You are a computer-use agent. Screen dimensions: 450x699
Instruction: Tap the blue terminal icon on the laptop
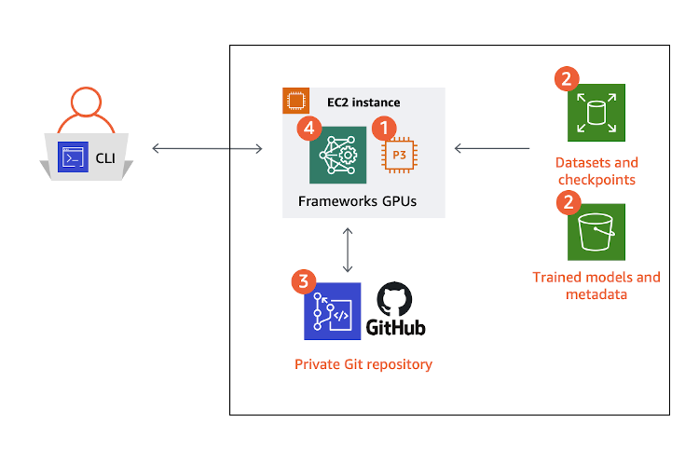73,156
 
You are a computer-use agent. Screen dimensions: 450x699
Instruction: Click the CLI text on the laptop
105,157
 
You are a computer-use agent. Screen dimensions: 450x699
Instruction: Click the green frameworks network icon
337,155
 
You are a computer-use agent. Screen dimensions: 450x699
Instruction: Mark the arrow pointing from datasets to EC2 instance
492,147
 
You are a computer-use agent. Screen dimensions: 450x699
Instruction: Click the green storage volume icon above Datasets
596,113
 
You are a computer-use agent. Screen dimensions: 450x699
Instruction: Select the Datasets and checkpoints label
596,170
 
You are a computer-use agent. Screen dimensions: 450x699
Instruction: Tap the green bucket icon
596,232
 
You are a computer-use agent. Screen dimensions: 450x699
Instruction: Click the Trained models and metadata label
596,285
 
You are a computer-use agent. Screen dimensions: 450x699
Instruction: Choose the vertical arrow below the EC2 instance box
348,246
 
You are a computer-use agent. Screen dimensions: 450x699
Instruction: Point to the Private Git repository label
363,364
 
